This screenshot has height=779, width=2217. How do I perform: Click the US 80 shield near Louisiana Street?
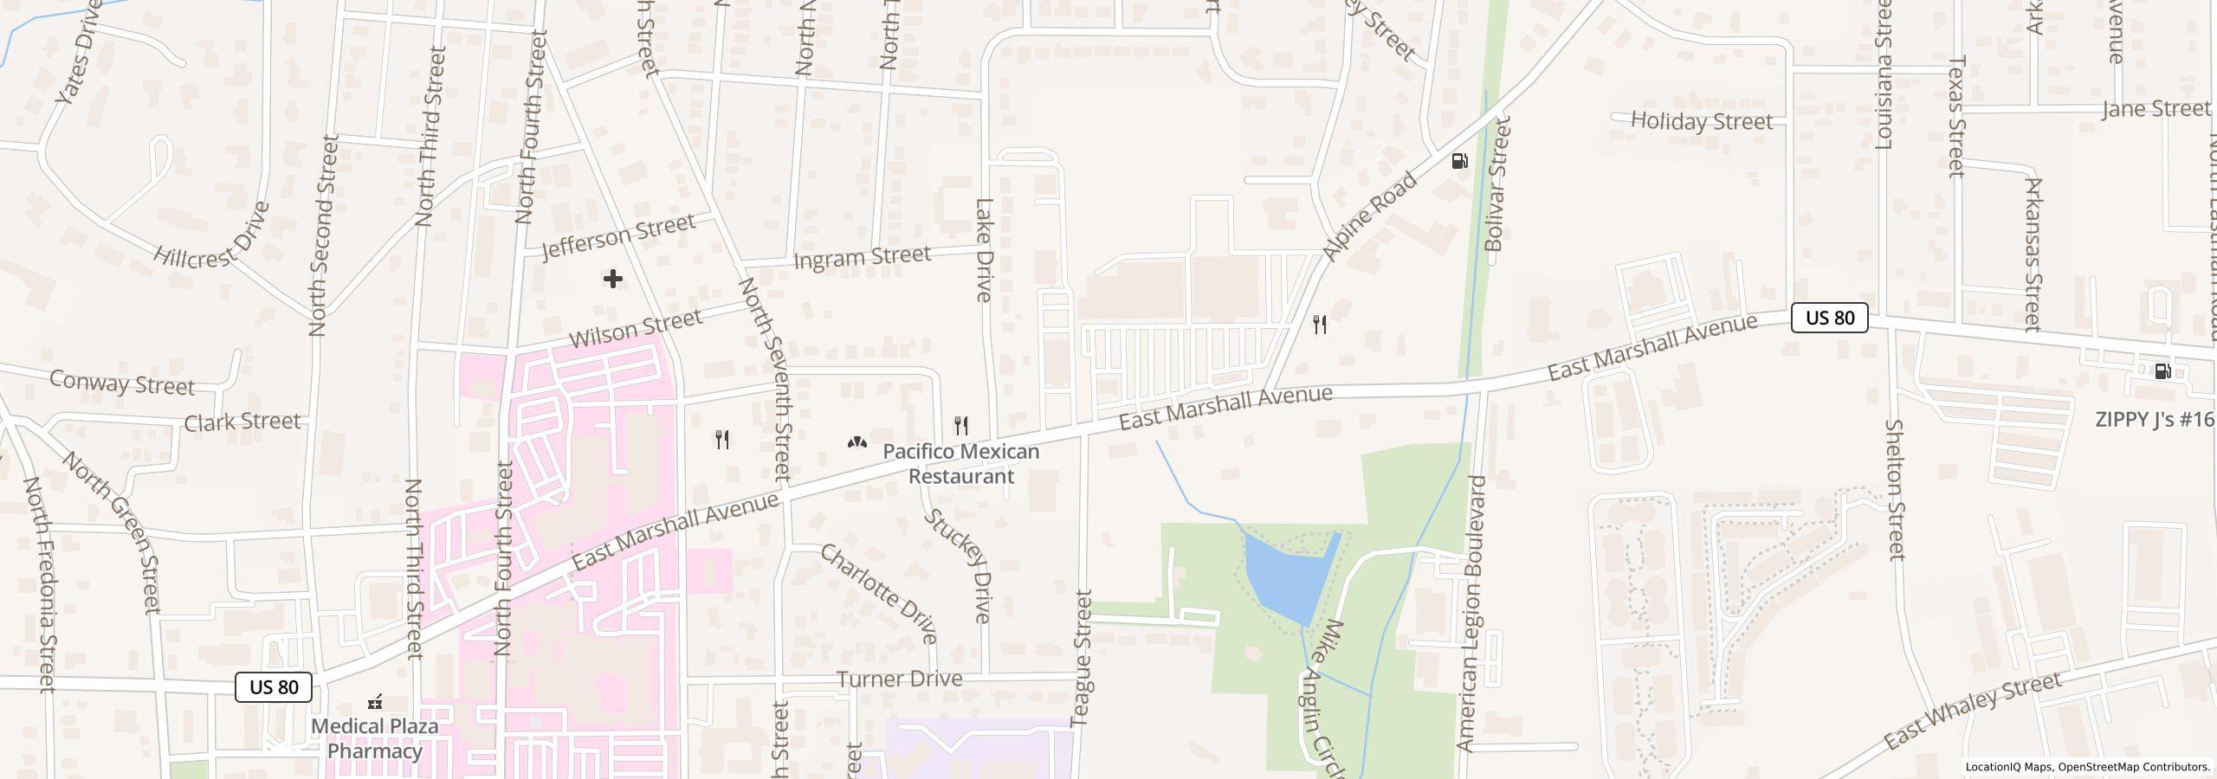pos(1829,318)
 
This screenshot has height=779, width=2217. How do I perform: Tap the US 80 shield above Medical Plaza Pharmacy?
pos(274,687)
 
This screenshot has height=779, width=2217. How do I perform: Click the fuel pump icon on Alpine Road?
pos(1460,161)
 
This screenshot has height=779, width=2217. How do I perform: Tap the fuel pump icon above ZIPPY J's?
pos(2162,371)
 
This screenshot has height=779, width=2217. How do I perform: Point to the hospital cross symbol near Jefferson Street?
pos(613,279)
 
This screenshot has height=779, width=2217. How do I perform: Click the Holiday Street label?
pos(1702,121)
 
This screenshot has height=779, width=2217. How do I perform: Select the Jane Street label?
pos(2156,109)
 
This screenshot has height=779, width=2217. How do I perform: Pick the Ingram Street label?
pos(862,257)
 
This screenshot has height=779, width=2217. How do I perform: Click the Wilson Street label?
pos(636,328)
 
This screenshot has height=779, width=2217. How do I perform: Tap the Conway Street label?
pos(122,383)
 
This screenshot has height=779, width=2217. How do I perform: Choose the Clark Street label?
pos(242,422)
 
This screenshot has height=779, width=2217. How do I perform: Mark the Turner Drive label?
pos(899,679)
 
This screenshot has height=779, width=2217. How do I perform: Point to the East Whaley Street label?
pos(1972,711)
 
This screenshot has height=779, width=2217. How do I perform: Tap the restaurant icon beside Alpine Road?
pos(1320,325)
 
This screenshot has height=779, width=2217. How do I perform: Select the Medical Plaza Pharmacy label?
pos(374,737)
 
